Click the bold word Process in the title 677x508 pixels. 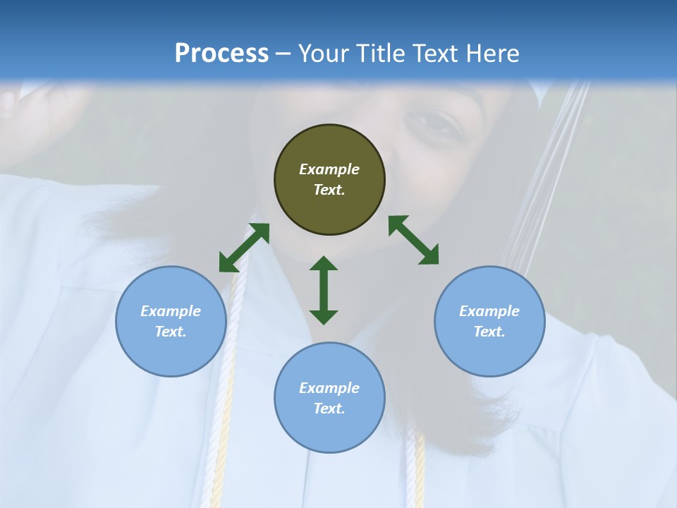pyautogui.click(x=221, y=54)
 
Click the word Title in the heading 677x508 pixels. pyautogui.click(x=378, y=54)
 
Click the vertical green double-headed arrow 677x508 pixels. pyautogui.click(x=324, y=290)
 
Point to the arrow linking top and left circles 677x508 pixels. pyautogui.click(x=244, y=248)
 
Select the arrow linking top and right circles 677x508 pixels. pyautogui.click(x=413, y=241)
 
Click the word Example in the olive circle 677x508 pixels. pyautogui.click(x=329, y=169)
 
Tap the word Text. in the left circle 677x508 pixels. pyautogui.click(x=171, y=332)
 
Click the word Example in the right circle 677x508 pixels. pyautogui.click(x=489, y=311)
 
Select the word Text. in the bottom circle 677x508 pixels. pyautogui.click(x=329, y=409)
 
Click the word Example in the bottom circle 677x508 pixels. pyautogui.click(x=329, y=388)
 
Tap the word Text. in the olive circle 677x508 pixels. pyautogui.click(x=329, y=190)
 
